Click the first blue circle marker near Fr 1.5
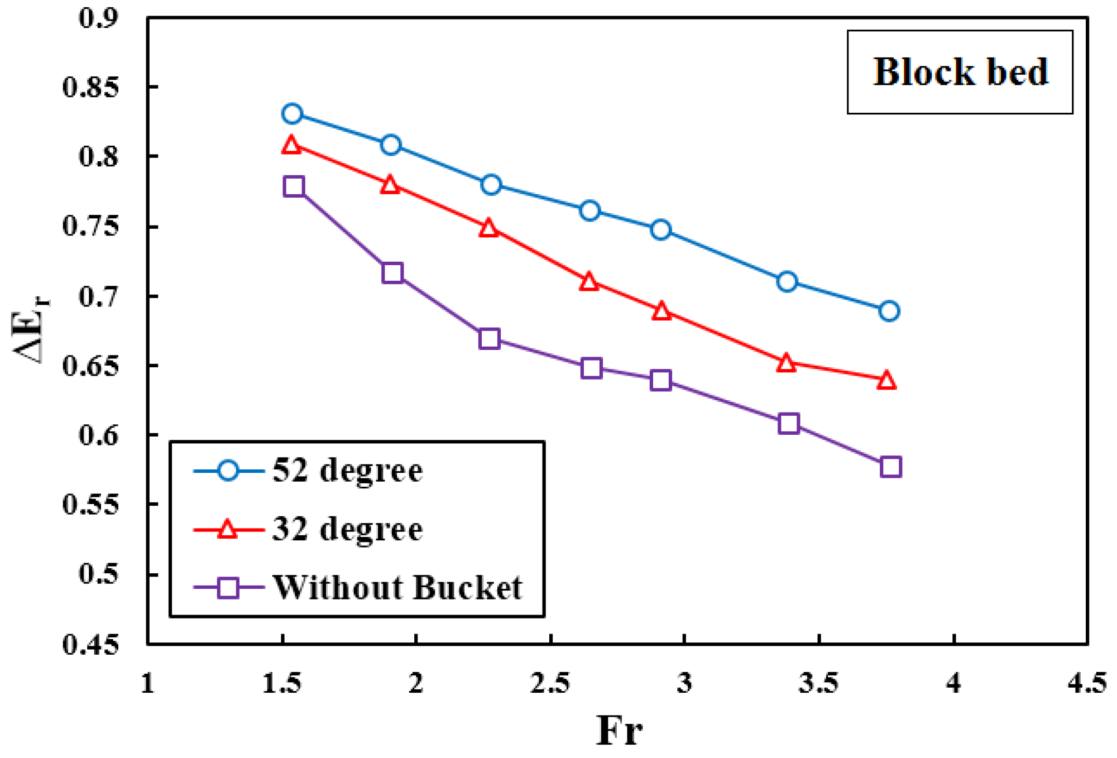(x=292, y=114)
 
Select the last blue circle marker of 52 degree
(x=889, y=311)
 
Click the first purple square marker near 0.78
(x=294, y=186)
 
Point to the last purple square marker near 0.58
(x=890, y=467)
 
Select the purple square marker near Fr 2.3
(x=489, y=339)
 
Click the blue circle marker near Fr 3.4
(x=787, y=281)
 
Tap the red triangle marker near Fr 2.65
(x=589, y=282)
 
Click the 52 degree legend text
(x=347, y=471)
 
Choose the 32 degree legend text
(x=347, y=529)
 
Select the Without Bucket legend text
(x=397, y=587)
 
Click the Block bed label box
(x=960, y=72)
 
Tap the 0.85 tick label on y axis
(x=90, y=88)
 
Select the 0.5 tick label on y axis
(x=98, y=574)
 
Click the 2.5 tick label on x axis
(x=550, y=683)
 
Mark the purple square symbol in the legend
(x=228, y=587)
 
